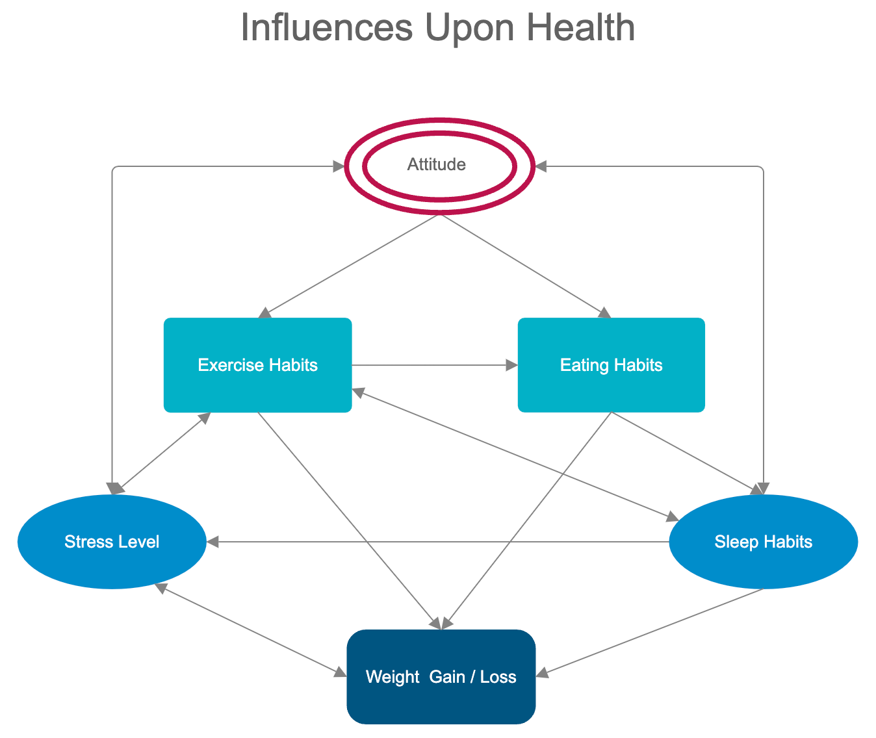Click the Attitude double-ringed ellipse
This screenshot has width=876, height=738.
pyautogui.click(x=439, y=166)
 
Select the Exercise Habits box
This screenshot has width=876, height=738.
pyautogui.click(x=257, y=364)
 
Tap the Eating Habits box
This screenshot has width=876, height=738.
pyautogui.click(x=611, y=364)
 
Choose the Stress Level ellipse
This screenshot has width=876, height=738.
pyautogui.click(x=112, y=542)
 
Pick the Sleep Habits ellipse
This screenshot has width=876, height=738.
pyautogui.click(x=763, y=542)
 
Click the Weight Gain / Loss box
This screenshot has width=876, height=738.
pyautogui.click(x=441, y=676)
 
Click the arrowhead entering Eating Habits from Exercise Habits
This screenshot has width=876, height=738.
pyautogui.click(x=512, y=365)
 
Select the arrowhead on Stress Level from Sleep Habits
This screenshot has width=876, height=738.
pyautogui.click(x=213, y=542)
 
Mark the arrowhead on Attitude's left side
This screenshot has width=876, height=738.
pyautogui.click(x=339, y=167)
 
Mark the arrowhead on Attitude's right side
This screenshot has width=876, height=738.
pyautogui.click(x=541, y=167)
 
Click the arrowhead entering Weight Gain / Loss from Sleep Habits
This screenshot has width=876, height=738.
pyautogui.click(x=542, y=674)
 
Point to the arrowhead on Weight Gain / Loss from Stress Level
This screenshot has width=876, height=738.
pyautogui.click(x=340, y=673)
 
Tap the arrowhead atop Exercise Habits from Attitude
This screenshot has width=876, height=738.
pyautogui.click(x=264, y=313)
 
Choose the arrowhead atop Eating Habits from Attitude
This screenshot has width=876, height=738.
pyautogui.click(x=604, y=313)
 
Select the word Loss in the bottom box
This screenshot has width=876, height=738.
pyautogui.click(x=498, y=677)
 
